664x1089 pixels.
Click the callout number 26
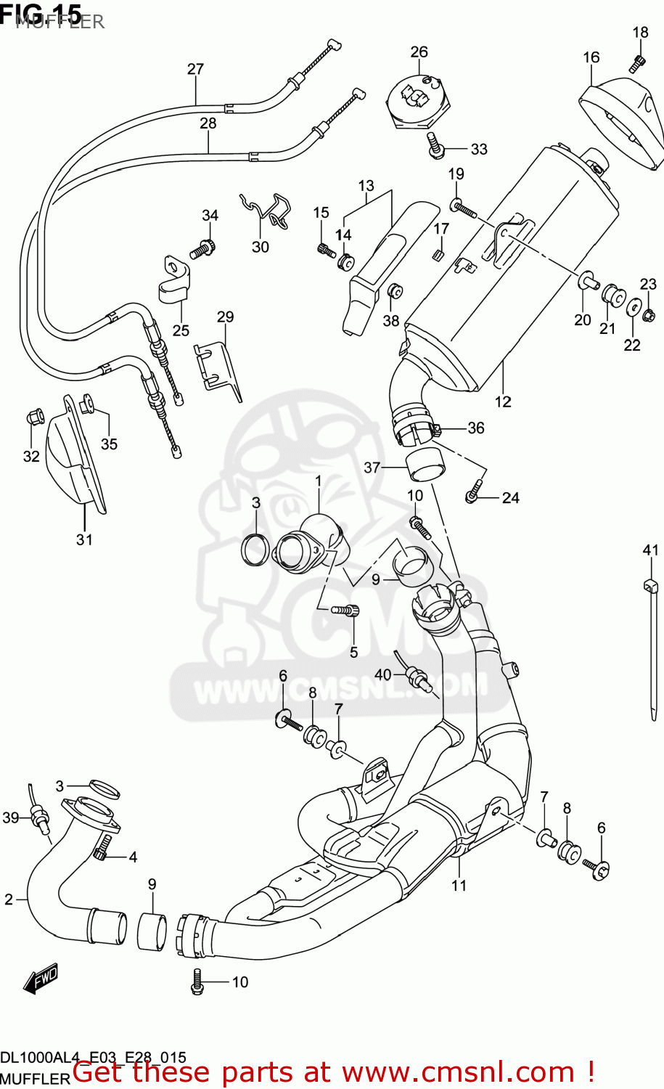[x=419, y=52]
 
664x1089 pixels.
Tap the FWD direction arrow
[x=40, y=979]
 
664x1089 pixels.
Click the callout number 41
[x=650, y=550]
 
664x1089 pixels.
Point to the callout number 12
[x=503, y=401]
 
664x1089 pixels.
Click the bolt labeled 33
[x=436, y=147]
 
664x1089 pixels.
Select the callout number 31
[x=84, y=539]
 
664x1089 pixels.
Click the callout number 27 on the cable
[x=195, y=69]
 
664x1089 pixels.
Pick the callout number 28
[x=208, y=123]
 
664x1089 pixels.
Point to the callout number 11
[x=459, y=885]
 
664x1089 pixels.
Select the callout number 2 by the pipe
[x=9, y=900]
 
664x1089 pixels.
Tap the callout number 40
[x=382, y=674]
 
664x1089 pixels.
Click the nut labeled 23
[x=649, y=315]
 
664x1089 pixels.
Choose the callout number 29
[x=225, y=317]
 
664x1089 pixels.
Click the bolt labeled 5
[x=346, y=611]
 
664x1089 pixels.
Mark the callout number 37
[x=372, y=468]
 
